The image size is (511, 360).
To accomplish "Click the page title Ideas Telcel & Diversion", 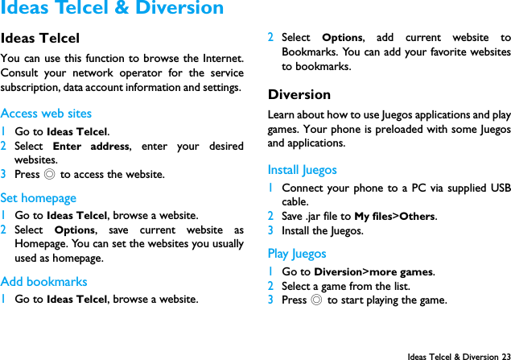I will click(x=112, y=9).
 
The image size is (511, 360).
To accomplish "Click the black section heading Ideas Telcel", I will click(x=40, y=38).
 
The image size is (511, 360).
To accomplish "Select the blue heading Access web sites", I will click(x=46, y=114).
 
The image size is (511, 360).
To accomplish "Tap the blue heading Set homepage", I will click(x=39, y=197).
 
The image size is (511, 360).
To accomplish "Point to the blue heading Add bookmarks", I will click(x=44, y=282).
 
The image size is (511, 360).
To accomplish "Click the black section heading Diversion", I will click(x=299, y=94).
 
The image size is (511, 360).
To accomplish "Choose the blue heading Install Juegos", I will click(x=302, y=170).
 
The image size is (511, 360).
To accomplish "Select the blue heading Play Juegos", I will click(x=297, y=254).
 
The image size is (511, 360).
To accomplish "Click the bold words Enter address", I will click(x=91, y=147).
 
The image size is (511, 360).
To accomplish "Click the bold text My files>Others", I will click(x=394, y=217).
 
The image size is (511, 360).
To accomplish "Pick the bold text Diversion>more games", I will click(x=373, y=272).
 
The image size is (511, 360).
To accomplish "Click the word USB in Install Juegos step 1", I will click(x=499, y=188).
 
